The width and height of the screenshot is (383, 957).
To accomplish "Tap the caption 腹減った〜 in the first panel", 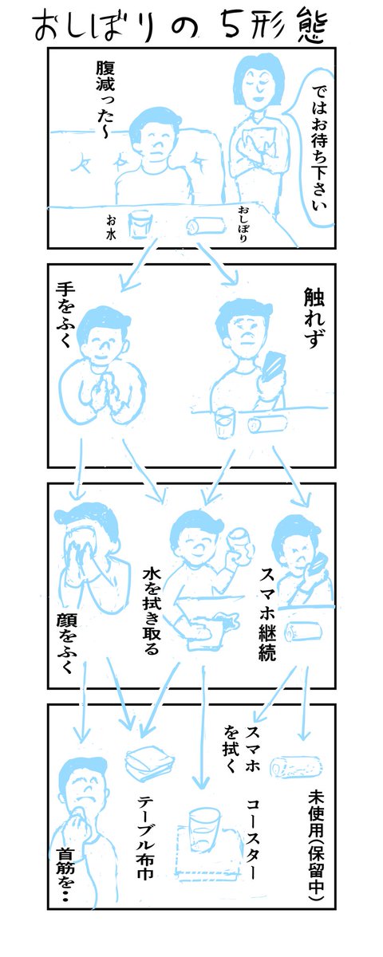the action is pos(105,100).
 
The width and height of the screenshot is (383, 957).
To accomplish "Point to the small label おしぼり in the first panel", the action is pos(243,224).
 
